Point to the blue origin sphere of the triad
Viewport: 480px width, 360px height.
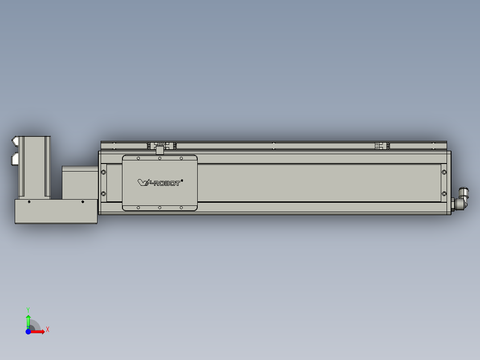point(28,331)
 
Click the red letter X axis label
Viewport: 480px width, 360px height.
point(47,330)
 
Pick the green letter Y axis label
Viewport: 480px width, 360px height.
point(28,309)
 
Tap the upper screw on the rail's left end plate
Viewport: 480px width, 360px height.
point(104,172)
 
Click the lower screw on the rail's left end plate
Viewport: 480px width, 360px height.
point(104,193)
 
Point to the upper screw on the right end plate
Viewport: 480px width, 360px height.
point(444,172)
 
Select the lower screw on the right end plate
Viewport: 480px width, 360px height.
point(444,193)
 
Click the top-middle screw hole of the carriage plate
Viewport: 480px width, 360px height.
point(159,158)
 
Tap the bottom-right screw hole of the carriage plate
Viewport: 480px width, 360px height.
point(181,208)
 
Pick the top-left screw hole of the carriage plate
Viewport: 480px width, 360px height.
point(138,158)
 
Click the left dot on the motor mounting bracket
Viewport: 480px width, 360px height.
point(29,202)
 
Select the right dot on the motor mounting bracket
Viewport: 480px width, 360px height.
point(82,202)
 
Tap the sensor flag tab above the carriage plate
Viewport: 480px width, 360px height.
point(159,150)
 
